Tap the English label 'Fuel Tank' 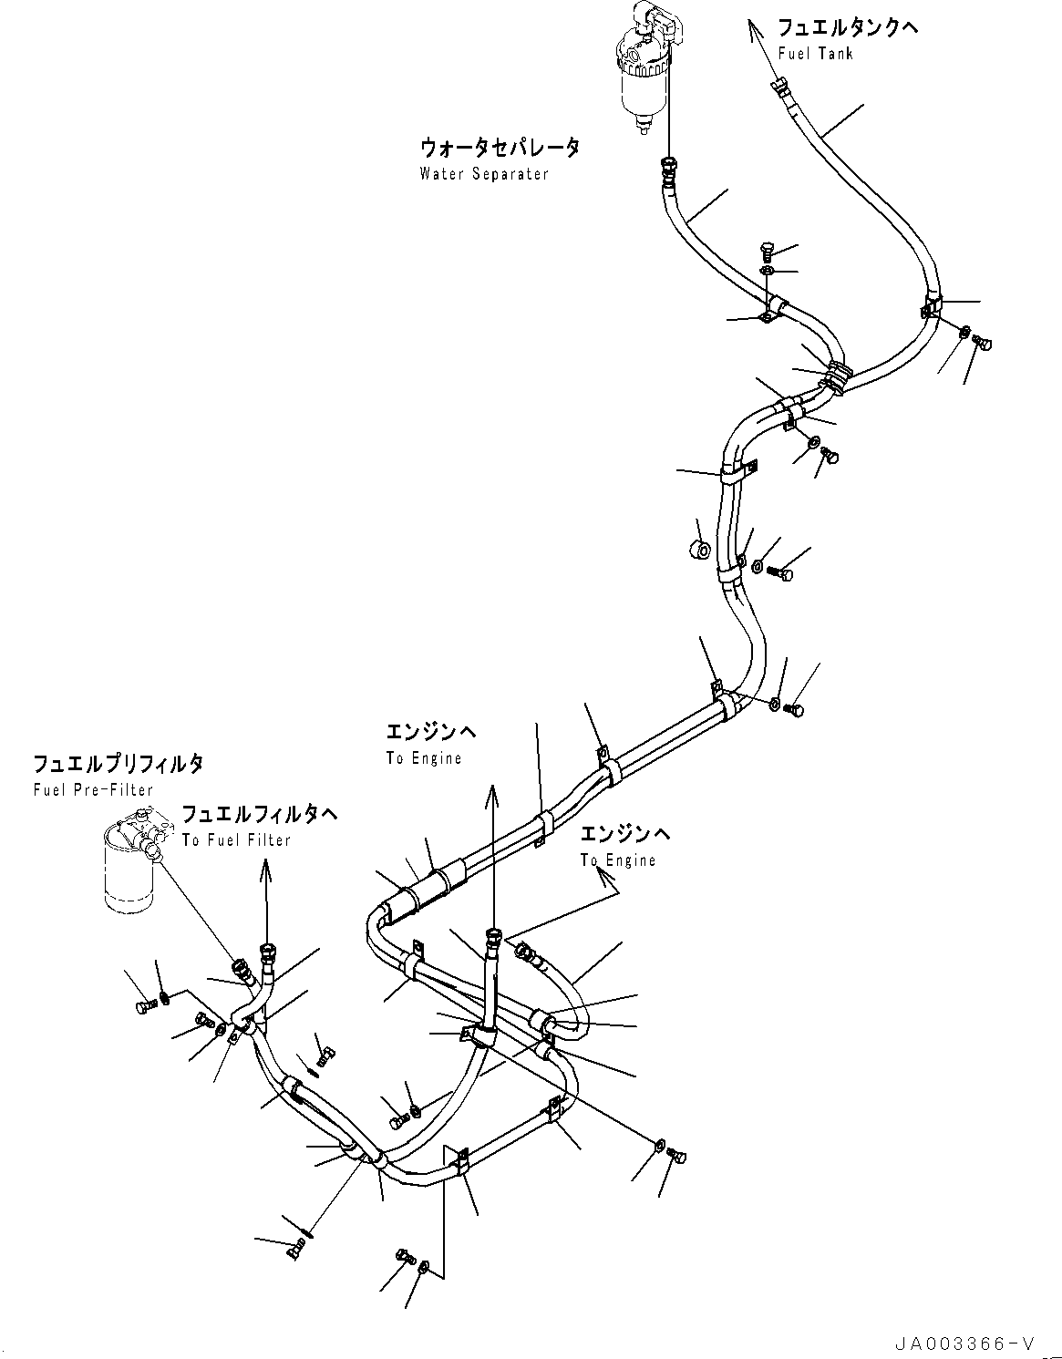[816, 53]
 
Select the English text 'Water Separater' [484, 173]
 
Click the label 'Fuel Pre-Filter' [93, 789]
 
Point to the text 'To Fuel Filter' [236, 839]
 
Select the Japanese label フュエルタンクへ [848, 27]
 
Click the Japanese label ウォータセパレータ [500, 147]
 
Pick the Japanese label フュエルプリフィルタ [119, 764]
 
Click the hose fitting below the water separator [669, 165]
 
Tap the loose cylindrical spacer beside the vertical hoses [700, 550]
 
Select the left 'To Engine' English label [424, 758]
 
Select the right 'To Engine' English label [618, 860]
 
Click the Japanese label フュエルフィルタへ [260, 814]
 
